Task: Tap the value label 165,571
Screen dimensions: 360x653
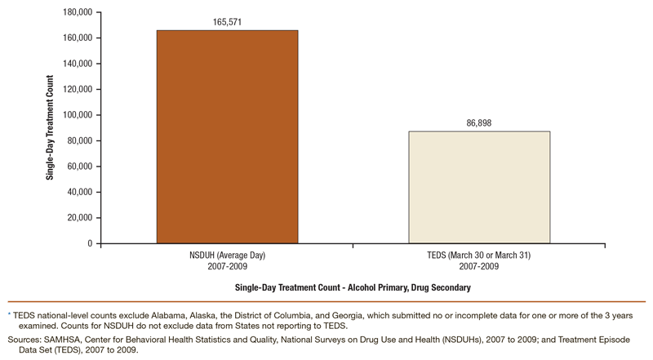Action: (x=228, y=22)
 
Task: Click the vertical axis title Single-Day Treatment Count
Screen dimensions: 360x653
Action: (x=51, y=128)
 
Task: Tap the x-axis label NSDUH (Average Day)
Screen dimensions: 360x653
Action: (x=228, y=256)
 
